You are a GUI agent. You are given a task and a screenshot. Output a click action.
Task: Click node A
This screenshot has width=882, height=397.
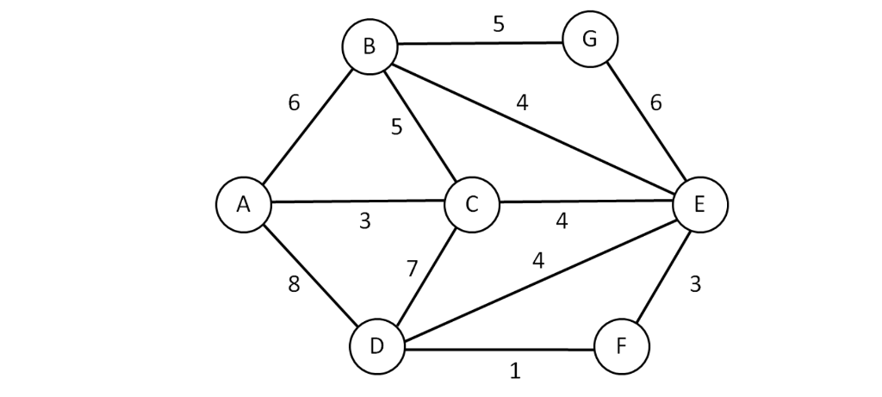[244, 204]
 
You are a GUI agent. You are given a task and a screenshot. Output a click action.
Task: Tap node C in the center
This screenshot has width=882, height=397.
[472, 205]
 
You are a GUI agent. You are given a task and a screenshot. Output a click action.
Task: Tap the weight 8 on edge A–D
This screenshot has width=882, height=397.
[294, 285]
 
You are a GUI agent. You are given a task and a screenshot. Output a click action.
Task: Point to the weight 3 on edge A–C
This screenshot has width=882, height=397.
[364, 221]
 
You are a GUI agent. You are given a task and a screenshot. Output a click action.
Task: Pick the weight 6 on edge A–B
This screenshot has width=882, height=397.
[294, 103]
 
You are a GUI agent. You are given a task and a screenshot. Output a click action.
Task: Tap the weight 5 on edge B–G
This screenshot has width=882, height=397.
[499, 23]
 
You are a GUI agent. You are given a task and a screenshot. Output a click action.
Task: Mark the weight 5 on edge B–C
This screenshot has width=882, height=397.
[396, 127]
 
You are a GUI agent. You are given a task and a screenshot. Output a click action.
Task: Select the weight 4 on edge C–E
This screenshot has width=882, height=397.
[562, 221]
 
